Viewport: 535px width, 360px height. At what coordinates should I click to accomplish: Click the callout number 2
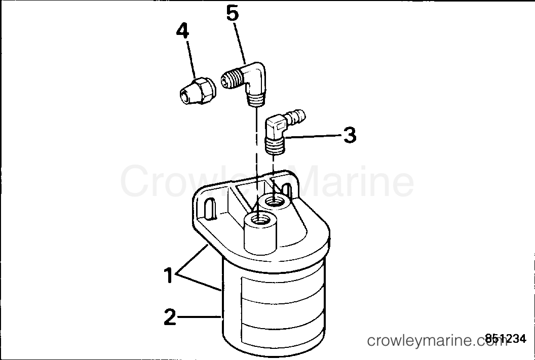(x=170, y=317)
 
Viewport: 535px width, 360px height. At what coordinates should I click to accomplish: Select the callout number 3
(x=349, y=135)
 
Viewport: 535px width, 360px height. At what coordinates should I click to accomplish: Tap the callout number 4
(x=182, y=31)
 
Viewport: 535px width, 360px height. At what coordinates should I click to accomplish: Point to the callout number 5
(x=232, y=14)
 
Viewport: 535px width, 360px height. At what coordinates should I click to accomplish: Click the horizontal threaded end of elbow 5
(x=231, y=81)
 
